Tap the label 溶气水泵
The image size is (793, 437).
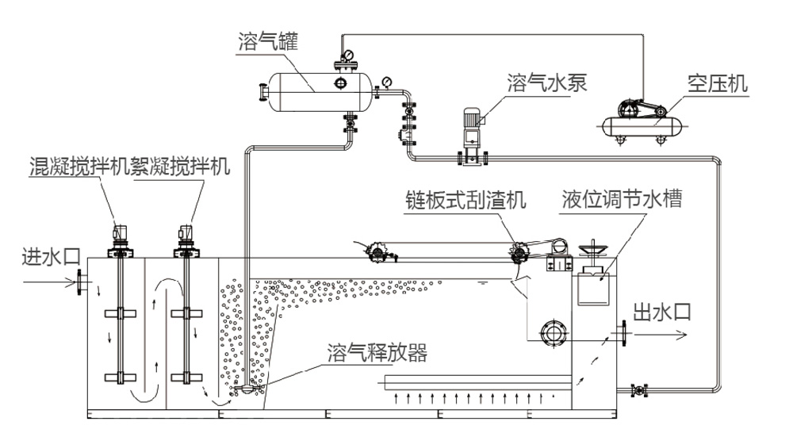click(546, 82)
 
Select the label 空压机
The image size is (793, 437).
click(718, 82)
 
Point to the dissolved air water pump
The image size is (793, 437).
click(469, 135)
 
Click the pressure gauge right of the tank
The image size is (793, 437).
click(386, 82)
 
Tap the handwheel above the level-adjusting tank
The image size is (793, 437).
click(593, 252)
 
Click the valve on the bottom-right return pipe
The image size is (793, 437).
click(636, 390)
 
